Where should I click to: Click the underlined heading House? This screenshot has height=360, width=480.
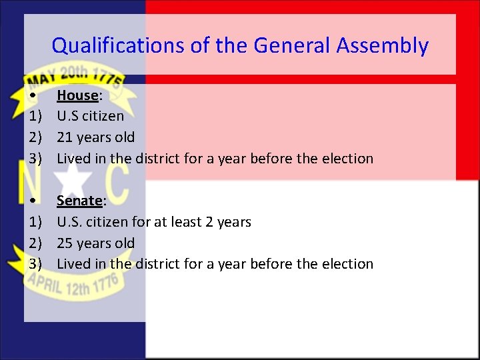(77, 95)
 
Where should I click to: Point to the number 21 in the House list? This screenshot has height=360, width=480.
(65, 137)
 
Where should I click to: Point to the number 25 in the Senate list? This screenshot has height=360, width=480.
(65, 243)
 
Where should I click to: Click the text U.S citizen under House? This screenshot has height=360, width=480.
(90, 116)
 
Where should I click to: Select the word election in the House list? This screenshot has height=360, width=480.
(347, 159)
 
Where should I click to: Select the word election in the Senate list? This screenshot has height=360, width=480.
(347, 264)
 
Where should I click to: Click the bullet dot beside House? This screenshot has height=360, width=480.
(33, 96)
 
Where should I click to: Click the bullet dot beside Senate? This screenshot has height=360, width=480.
(33, 201)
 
